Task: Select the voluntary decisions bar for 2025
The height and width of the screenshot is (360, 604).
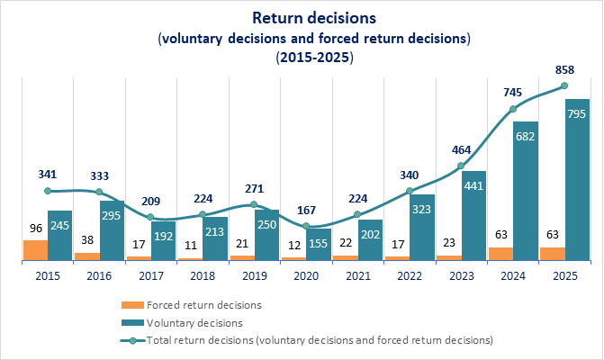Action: coord(577,180)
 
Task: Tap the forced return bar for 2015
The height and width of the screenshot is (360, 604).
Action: coord(35,251)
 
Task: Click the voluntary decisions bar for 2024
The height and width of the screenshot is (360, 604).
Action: coord(526,191)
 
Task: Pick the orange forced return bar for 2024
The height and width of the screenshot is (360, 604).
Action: coord(500,254)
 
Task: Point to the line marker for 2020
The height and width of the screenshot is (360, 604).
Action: coord(306,226)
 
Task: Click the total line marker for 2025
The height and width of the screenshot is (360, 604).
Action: coord(564,85)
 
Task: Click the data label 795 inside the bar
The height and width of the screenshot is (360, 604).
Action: coord(577,113)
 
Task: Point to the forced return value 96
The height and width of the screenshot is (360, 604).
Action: coord(35,229)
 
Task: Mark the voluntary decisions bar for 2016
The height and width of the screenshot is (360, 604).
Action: coord(112,230)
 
